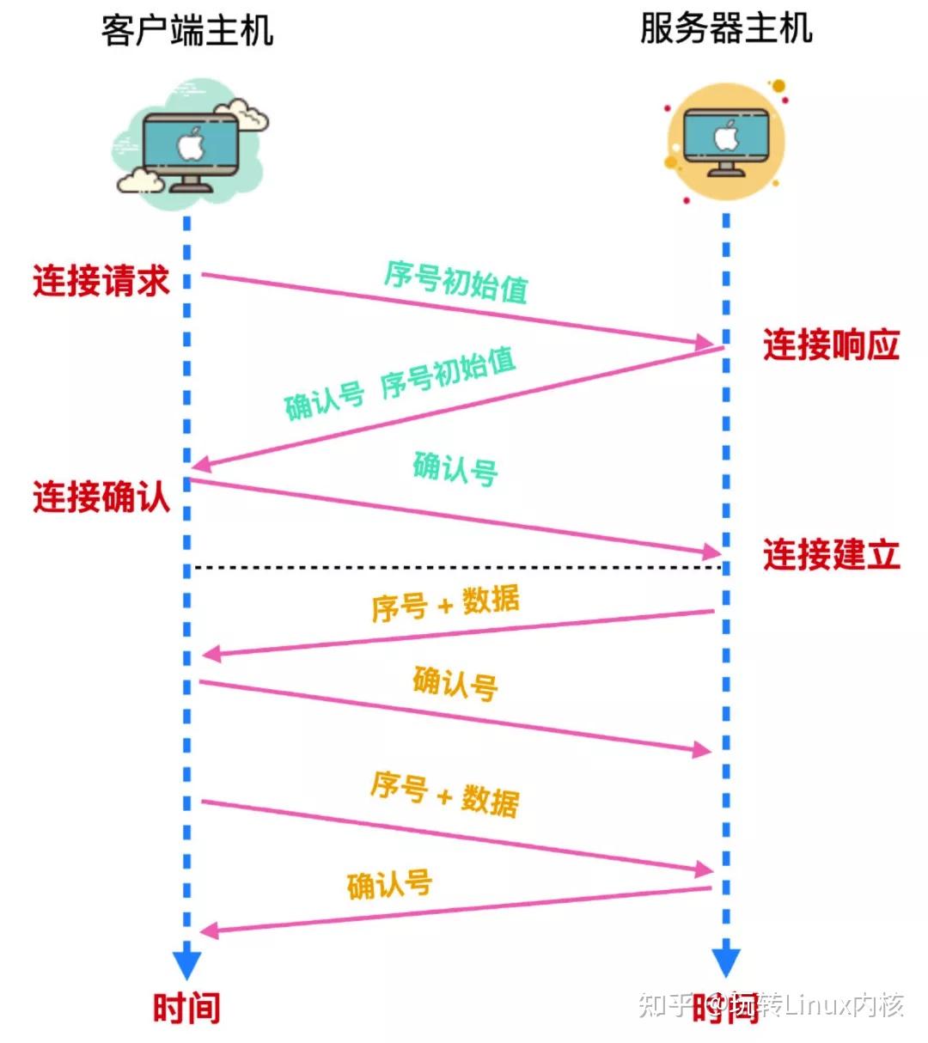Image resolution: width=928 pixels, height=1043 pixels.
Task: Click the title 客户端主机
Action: pyautogui.click(x=187, y=31)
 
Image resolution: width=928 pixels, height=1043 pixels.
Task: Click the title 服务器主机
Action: pyautogui.click(x=726, y=28)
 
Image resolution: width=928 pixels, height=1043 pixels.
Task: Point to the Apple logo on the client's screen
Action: pyautogui.click(x=190, y=143)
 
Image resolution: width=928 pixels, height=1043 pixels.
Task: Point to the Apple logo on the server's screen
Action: pyautogui.click(x=726, y=136)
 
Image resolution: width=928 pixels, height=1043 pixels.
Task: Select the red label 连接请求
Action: pyautogui.click(x=101, y=281)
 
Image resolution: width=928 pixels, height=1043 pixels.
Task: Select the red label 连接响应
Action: pyautogui.click(x=831, y=345)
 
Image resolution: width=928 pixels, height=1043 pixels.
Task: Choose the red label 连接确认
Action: pyautogui.click(x=101, y=497)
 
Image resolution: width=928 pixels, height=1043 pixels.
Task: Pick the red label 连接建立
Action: pyautogui.click(x=831, y=554)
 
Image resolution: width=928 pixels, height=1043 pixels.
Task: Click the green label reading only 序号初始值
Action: pyautogui.click(x=455, y=281)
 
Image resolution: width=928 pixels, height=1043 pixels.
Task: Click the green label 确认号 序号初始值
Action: pyautogui.click(x=400, y=384)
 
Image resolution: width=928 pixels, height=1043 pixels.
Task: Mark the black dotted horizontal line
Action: pyautogui.click(x=455, y=567)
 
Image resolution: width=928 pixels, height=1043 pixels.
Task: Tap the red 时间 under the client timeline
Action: pyautogui.click(x=186, y=1007)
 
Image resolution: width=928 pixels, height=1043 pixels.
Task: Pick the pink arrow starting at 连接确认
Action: pyautogui.click(x=455, y=516)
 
